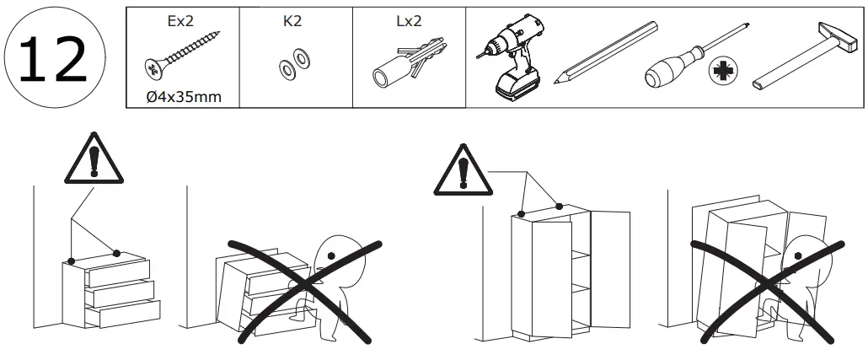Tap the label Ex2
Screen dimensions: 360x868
(181, 19)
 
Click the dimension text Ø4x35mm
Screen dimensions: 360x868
(184, 96)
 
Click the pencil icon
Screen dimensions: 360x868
(605, 52)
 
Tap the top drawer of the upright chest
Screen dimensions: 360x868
(117, 271)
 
